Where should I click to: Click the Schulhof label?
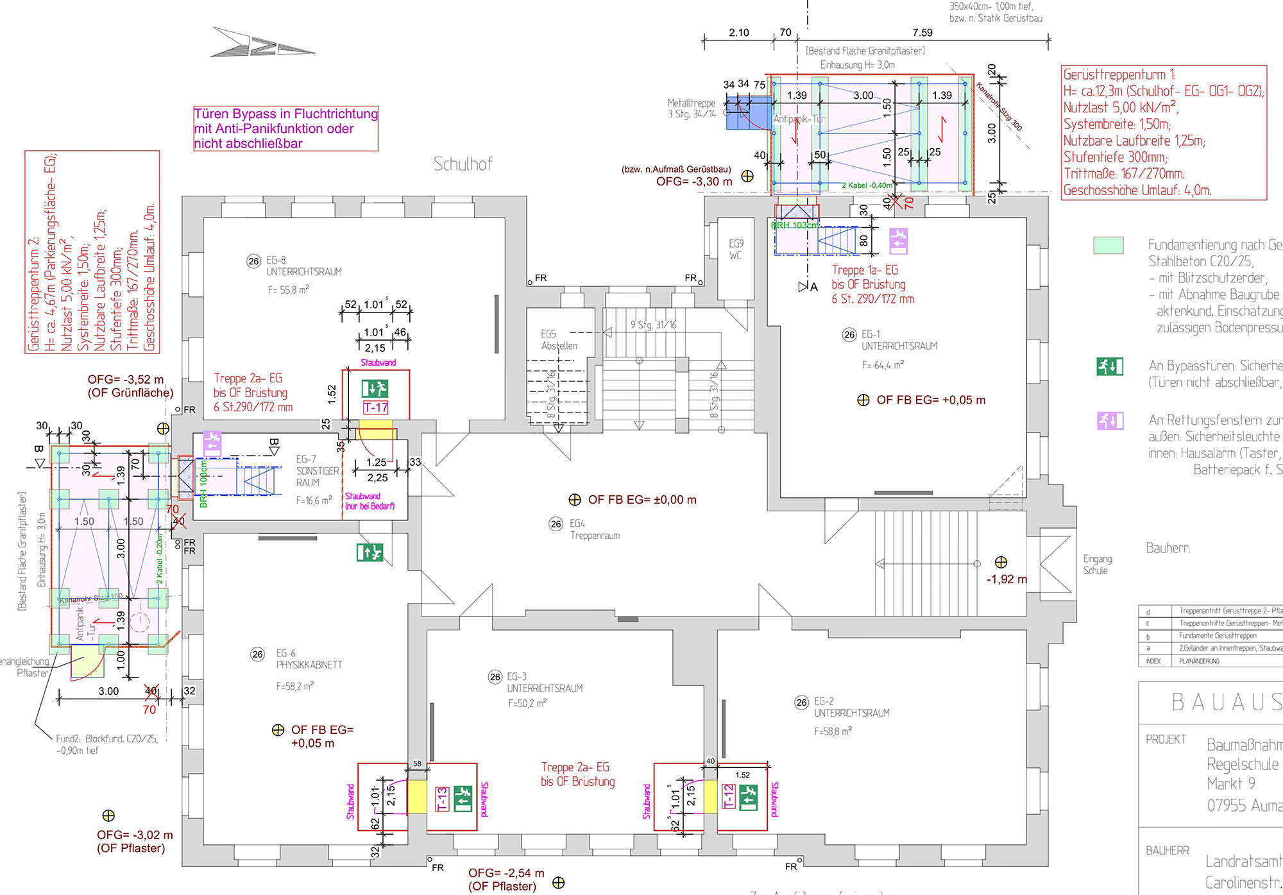pyautogui.click(x=463, y=164)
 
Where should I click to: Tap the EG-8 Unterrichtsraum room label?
pyautogui.click(x=303, y=266)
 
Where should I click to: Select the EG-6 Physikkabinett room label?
pyautogui.click(x=309, y=659)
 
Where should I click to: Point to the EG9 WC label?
pyautogui.click(x=736, y=249)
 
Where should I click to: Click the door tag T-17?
pyautogui.click(x=376, y=407)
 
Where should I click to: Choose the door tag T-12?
pyautogui.click(x=729, y=797)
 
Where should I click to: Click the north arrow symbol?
pyautogui.click(x=262, y=43)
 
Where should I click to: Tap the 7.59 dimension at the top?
pyautogui.click(x=922, y=33)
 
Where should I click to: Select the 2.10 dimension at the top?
pyautogui.click(x=739, y=33)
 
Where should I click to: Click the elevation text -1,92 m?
pyautogui.click(x=1006, y=579)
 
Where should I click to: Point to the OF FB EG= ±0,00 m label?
pyautogui.click(x=641, y=500)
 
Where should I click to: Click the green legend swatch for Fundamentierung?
pyautogui.click(x=1108, y=245)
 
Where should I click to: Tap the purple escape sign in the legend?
pyautogui.click(x=1110, y=421)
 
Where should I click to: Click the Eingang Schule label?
pyautogui.click(x=1097, y=565)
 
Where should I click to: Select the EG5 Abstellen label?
pyautogui.click(x=559, y=339)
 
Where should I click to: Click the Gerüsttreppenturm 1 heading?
pyautogui.click(x=1119, y=74)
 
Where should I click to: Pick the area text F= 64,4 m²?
pyautogui.click(x=883, y=365)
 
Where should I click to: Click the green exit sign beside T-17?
pyautogui.click(x=375, y=388)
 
